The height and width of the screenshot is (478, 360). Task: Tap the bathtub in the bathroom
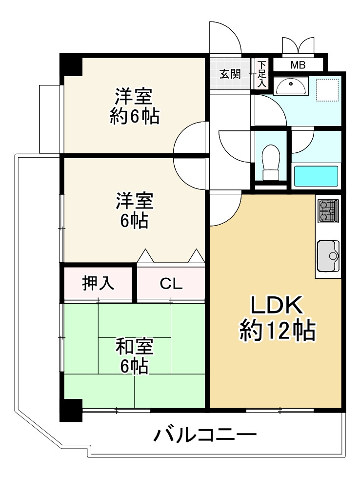[316, 176]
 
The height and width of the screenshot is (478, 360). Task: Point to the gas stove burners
[328, 210]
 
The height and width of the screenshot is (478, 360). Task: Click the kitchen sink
[328, 256]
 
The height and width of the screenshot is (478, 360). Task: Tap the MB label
[298, 65]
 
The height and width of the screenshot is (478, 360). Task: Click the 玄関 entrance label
[230, 74]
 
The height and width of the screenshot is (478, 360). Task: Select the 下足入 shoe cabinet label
[261, 74]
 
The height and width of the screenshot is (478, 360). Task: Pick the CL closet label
[171, 284]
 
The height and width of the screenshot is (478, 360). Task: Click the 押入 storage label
[98, 283]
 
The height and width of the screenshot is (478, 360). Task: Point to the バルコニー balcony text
[205, 435]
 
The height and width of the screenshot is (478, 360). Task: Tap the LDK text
[277, 305]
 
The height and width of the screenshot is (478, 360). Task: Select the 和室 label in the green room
[134, 347]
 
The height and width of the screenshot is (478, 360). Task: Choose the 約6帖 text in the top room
[135, 115]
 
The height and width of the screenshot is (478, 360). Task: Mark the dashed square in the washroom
[327, 90]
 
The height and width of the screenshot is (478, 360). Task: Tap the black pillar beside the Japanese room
[71, 410]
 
